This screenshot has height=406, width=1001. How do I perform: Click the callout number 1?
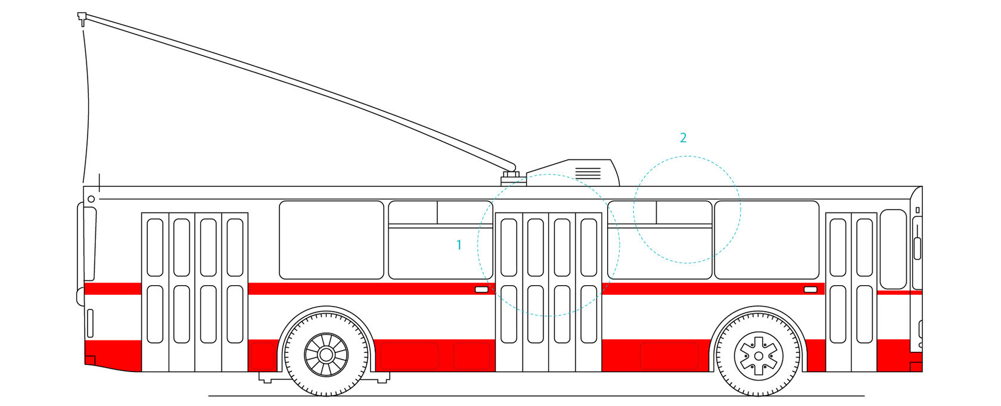tap(459, 245)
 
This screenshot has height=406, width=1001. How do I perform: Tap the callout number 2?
tap(683, 138)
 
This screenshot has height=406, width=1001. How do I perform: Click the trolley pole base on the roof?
tap(510, 177)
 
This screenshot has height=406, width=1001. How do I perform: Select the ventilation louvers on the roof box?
tap(588, 173)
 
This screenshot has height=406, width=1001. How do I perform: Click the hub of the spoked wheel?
tap(326, 355)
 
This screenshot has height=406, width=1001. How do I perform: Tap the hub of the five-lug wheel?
tap(758, 356)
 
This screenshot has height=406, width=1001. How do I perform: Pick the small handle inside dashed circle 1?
tap(481, 289)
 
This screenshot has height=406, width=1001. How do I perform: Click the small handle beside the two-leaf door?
tap(810, 289)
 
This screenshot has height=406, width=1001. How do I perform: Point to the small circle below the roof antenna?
tap(91, 199)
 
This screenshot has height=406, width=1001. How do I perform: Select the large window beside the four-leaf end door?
tap(331, 240)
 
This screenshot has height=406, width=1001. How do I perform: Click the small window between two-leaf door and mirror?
tap(893, 249)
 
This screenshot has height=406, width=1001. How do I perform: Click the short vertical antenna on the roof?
tap(99, 180)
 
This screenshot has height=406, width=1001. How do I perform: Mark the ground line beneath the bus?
tap(536, 395)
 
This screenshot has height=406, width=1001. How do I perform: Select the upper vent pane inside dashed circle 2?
tap(684, 213)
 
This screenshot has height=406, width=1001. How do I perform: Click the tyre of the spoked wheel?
tap(326, 386)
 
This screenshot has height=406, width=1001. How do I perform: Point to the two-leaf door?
tap(851, 292)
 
